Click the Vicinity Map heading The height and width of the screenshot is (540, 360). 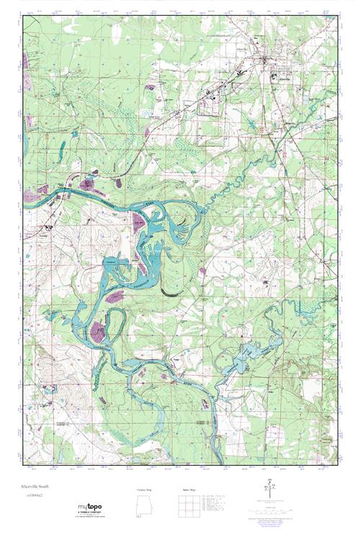[x=145, y=490]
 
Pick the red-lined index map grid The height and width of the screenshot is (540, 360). [x=186, y=508]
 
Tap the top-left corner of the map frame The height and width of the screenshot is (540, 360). [x=23, y=17]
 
